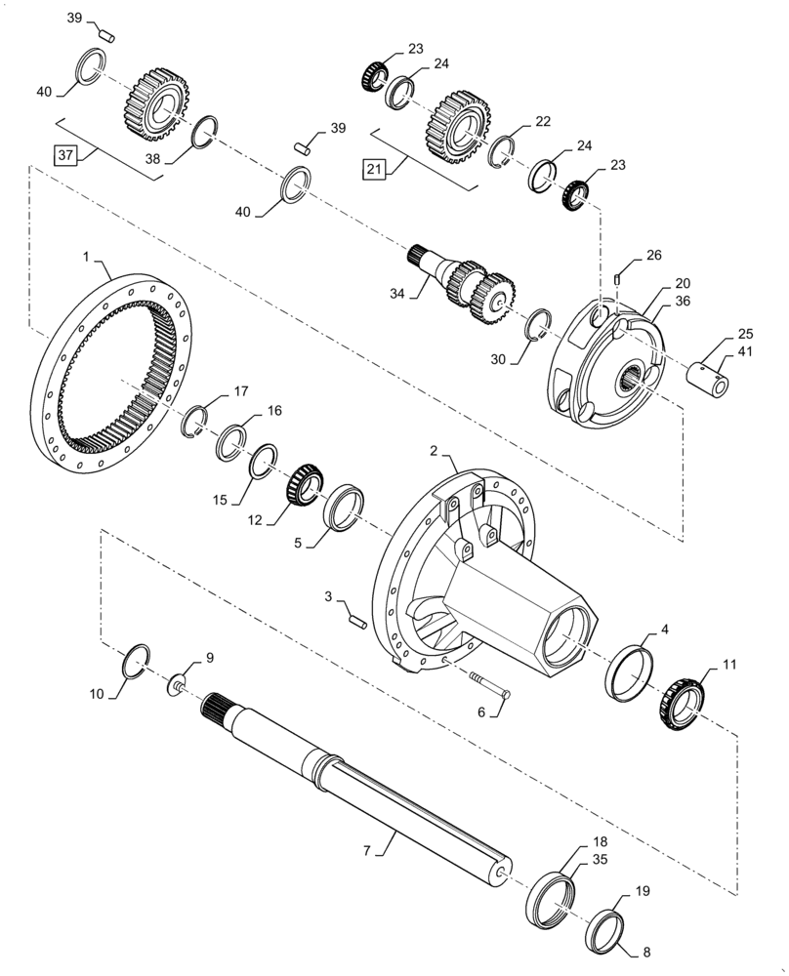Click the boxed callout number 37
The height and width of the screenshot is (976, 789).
[x=64, y=155]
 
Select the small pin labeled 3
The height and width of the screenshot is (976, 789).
[x=356, y=618]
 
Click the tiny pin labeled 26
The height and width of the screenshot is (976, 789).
[x=618, y=280]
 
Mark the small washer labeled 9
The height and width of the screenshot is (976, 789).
[x=179, y=684]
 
